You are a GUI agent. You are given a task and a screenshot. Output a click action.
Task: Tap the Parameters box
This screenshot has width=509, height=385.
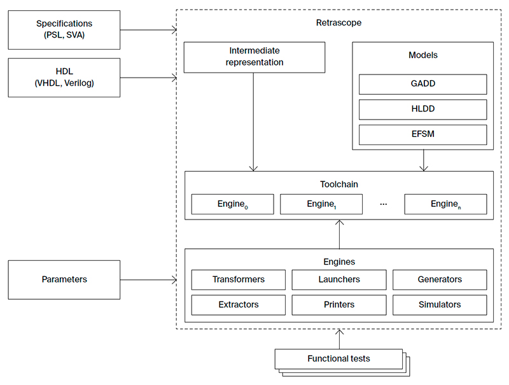64,279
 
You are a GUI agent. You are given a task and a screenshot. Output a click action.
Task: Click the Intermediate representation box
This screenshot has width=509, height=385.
254,57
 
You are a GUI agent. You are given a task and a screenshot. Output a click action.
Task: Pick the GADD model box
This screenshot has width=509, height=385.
422,84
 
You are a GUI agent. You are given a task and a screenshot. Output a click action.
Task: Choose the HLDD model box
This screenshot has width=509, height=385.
422,109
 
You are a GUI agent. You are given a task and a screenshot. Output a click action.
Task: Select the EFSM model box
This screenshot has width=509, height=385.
422,135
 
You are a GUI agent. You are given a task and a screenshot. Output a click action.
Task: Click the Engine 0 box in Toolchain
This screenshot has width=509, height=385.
232,204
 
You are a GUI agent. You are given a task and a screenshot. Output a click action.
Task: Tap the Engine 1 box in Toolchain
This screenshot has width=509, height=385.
321,204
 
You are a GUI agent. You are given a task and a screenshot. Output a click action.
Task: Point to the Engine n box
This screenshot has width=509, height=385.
445,204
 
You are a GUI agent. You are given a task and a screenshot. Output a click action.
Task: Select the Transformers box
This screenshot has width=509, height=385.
239,279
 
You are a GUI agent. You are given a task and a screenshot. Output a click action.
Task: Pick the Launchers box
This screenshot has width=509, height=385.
339,279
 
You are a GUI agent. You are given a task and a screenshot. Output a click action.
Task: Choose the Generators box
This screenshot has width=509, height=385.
440,279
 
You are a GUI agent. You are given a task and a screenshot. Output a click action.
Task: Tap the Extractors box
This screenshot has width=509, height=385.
239,305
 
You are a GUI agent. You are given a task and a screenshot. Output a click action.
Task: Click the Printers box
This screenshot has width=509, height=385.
339,305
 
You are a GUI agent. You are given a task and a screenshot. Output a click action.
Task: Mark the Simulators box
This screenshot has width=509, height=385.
440,305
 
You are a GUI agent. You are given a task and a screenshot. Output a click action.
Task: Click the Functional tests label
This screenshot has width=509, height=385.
338,359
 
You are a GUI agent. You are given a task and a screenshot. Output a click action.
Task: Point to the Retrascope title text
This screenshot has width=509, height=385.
338,23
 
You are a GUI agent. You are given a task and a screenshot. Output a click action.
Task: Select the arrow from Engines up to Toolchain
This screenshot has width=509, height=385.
339,234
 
